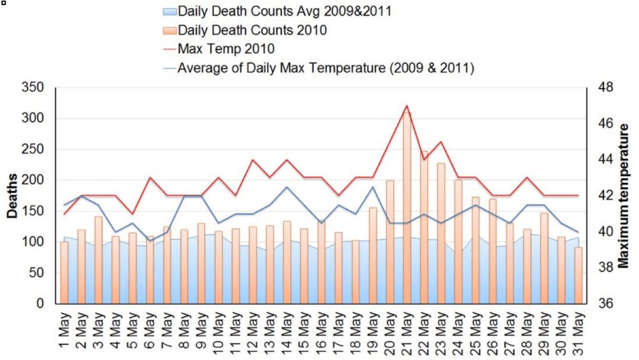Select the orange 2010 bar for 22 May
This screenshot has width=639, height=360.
pyautogui.click(x=424, y=227)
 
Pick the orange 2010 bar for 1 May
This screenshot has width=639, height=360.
pyautogui.click(x=64, y=272)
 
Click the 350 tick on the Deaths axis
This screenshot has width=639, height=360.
pyautogui.click(x=34, y=87)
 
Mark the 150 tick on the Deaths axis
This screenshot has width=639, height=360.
pyautogui.click(x=34, y=211)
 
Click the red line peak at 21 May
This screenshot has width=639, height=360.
pyautogui.click(x=406, y=105)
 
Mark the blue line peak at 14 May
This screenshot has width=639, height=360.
pyautogui.click(x=286, y=187)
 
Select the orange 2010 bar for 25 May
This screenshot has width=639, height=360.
pyautogui.click(x=476, y=250)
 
